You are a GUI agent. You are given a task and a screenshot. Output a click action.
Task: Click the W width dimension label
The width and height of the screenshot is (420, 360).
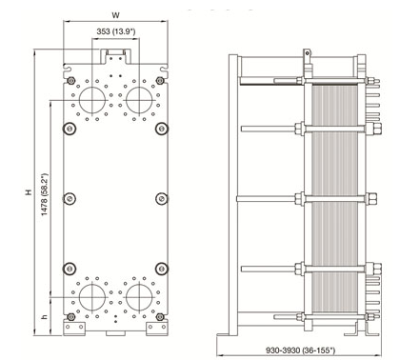coord(116,15)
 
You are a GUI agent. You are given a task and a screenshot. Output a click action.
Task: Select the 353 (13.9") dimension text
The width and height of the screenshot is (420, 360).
coord(116,31)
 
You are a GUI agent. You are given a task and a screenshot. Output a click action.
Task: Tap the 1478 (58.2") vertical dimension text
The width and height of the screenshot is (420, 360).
coord(45,194)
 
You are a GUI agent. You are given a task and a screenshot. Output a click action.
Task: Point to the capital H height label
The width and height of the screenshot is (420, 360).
coord(30,192)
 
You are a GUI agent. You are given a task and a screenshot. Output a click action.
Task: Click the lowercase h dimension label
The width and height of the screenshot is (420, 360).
coord(45,316)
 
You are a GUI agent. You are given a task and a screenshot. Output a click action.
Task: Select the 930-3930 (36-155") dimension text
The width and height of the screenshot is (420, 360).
coord(300,350)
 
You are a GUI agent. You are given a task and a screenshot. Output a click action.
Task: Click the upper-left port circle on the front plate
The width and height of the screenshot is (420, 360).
coord(92,100)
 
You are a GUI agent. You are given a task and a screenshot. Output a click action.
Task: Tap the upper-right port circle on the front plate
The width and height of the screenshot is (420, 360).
coord(139,100)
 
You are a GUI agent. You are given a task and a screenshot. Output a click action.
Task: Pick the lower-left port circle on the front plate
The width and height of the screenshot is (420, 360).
coord(92,297)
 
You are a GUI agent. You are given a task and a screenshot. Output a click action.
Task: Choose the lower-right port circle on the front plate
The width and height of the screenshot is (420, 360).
coord(139,297)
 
